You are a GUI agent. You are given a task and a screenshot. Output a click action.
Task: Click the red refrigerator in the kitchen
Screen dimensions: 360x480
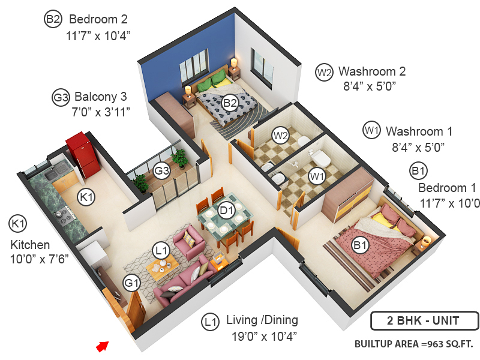coord(83,155)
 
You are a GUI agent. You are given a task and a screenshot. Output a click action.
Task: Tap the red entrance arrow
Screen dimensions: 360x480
coord(103,346)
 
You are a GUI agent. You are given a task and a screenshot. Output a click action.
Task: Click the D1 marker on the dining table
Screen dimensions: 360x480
coord(226,211)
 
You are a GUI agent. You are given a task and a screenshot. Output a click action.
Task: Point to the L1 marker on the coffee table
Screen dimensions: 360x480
coord(160,251)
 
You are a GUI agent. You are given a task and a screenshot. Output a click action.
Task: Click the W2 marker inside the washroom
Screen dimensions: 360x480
coord(280,136)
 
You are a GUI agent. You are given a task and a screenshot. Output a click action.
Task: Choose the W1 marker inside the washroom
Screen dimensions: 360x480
coord(316,176)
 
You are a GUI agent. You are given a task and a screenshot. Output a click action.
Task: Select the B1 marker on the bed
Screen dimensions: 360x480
coord(360,245)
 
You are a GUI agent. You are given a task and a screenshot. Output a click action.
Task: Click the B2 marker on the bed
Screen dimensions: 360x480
coord(229,103)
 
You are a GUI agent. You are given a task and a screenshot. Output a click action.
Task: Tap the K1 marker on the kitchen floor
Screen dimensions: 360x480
coord(87,196)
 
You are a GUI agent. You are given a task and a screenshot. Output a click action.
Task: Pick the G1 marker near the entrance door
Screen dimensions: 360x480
coord(131,281)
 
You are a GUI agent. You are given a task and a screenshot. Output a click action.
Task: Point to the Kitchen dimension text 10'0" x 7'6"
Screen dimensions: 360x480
coord(40,260)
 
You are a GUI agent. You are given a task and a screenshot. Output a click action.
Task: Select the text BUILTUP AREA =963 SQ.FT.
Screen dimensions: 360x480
coord(413,344)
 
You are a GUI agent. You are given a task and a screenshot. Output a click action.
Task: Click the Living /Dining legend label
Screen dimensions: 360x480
coord(262,320)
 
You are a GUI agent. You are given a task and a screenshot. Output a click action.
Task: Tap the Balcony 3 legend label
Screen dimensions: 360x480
coord(101,97)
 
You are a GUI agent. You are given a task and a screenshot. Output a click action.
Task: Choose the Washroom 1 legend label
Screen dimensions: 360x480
coord(419,131)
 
